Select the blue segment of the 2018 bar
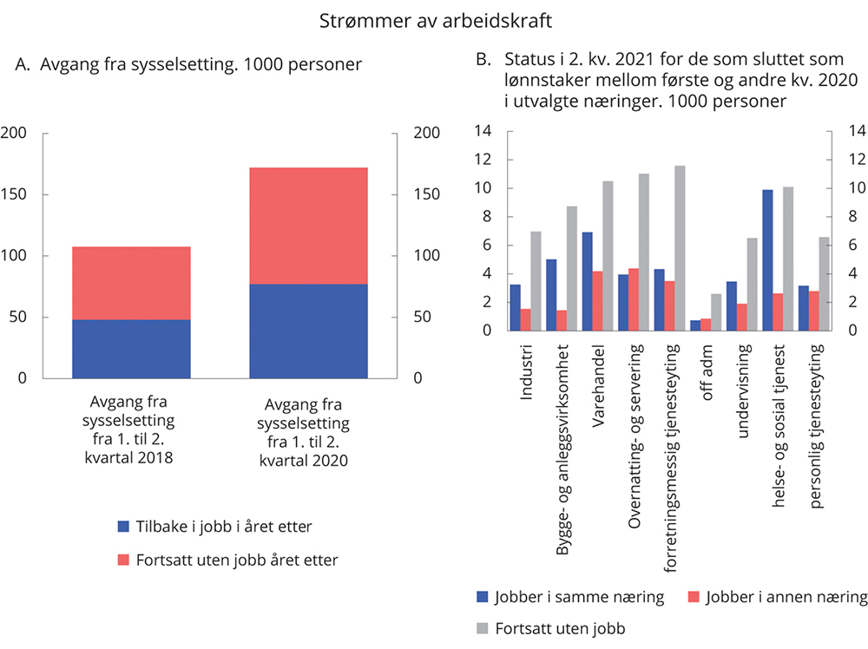[x=131, y=349]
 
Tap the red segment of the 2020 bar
[x=308, y=226]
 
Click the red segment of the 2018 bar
[x=131, y=283]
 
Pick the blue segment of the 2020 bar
[x=308, y=331]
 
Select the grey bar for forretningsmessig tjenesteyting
[x=679, y=248]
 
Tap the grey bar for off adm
[x=715, y=312]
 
